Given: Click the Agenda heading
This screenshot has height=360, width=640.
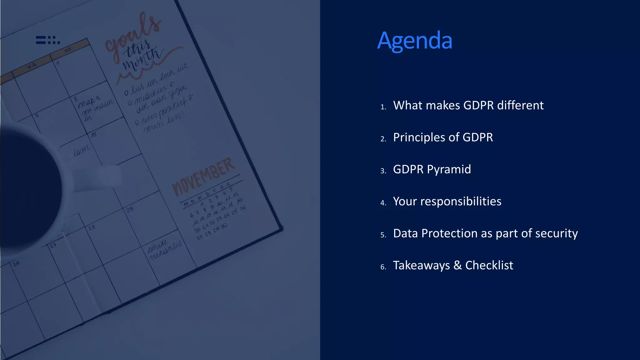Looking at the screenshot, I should (415, 41).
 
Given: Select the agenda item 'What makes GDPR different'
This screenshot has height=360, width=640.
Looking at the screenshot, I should (468, 105).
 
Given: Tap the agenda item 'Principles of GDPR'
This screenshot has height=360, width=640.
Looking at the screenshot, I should (443, 137).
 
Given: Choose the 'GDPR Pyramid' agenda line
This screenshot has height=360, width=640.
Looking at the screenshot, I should (432, 169).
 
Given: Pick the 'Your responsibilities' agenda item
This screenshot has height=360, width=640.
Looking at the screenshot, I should (447, 201).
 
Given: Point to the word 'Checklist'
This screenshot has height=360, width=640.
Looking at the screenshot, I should (489, 265).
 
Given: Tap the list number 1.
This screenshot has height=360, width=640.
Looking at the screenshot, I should (383, 107).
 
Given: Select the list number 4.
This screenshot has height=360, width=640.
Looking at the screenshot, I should (383, 203).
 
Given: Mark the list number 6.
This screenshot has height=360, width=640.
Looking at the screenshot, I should (383, 267).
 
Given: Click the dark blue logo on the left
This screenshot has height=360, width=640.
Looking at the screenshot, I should (48, 40).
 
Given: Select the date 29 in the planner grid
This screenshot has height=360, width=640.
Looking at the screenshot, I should (130, 209).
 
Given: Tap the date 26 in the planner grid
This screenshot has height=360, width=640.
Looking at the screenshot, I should (16, 263).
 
